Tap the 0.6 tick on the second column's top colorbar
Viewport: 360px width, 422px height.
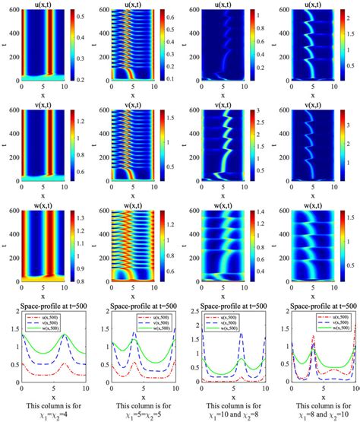[x=171, y=14]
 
